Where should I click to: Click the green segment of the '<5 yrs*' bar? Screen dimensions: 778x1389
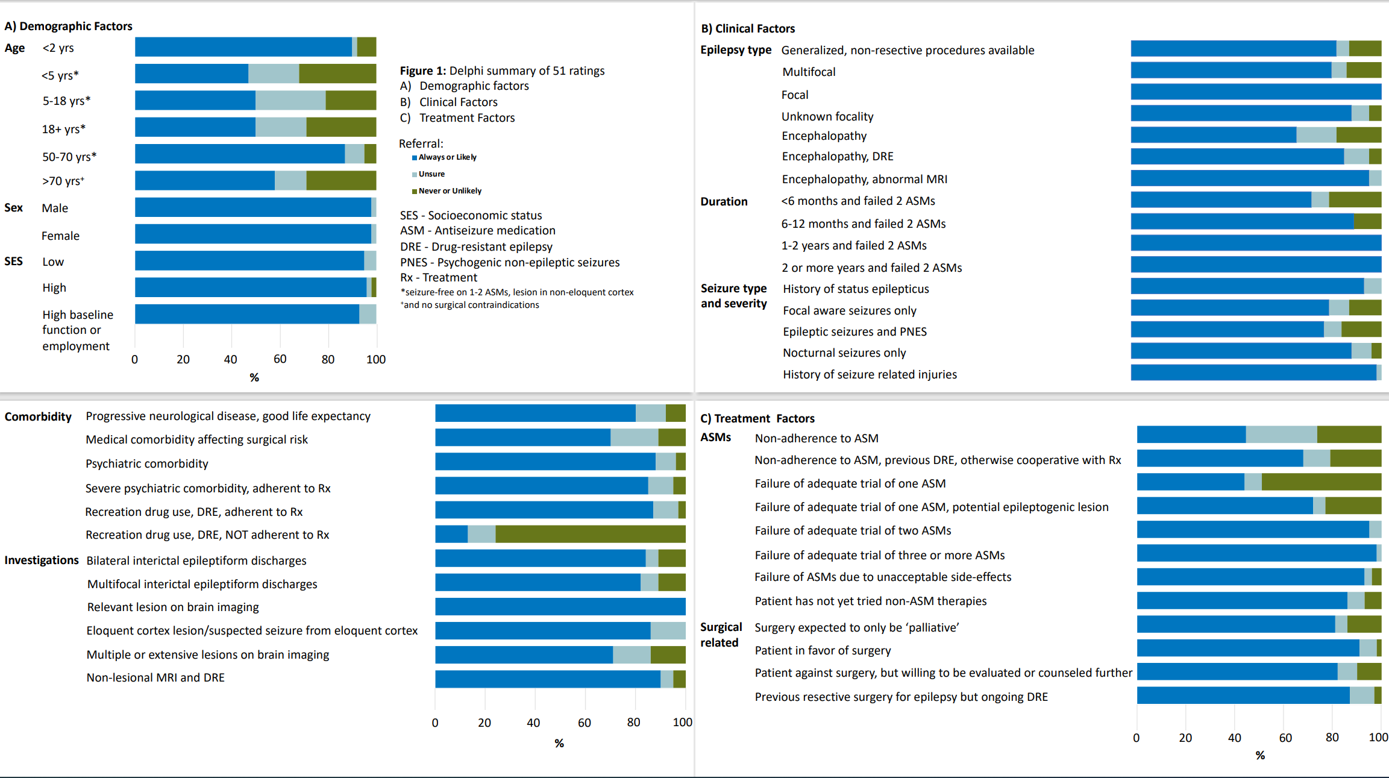pos(337,74)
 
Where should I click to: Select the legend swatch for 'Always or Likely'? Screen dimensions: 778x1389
pos(415,158)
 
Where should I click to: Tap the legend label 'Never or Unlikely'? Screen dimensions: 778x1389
pos(450,191)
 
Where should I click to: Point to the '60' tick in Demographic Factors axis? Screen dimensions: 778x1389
pos(280,359)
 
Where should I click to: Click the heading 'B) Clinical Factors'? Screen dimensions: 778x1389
pos(748,28)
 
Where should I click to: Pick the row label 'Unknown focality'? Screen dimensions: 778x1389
pos(827,116)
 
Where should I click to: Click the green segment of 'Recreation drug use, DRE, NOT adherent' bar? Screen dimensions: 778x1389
pos(590,534)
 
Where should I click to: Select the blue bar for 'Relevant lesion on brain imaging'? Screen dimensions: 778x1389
pos(560,606)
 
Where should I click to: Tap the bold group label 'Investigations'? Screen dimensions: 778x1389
pos(42,560)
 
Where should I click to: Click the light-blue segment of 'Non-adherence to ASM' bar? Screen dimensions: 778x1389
pos(1281,434)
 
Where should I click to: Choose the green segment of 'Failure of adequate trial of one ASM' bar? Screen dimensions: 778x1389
pos(1321,482)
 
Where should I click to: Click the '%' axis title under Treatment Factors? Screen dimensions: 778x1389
pos(1260,755)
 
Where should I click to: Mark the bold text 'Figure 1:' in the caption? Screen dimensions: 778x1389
pos(423,71)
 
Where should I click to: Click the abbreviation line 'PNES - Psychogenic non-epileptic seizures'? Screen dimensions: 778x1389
pos(510,262)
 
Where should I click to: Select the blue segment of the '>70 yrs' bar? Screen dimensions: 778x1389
pos(205,180)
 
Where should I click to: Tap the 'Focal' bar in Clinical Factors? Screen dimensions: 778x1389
pos(1256,92)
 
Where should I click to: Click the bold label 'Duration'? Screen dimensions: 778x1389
pos(724,201)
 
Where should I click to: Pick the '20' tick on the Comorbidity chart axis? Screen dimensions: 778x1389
pos(484,722)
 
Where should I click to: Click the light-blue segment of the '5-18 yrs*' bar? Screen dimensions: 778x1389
pos(290,100)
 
